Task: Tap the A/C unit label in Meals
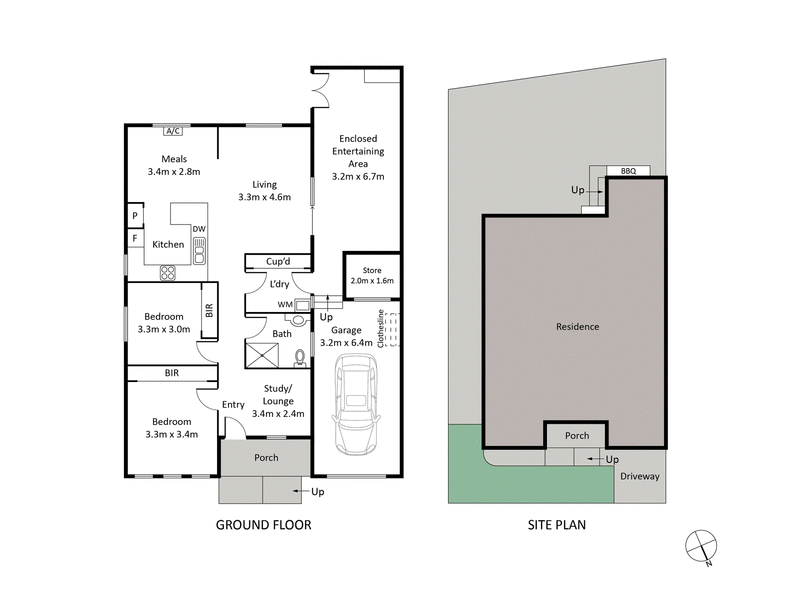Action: [171, 130]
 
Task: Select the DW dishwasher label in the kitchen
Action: [199, 229]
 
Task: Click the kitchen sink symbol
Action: [200, 248]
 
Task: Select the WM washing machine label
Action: [285, 304]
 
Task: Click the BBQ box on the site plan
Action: [629, 171]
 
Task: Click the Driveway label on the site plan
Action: [639, 477]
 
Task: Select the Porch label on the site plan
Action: [577, 435]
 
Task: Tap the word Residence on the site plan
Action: [577, 327]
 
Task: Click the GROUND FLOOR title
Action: [264, 524]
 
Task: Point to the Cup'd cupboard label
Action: [278, 262]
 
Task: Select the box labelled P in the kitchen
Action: [133, 216]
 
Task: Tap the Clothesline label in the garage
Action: [381, 327]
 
